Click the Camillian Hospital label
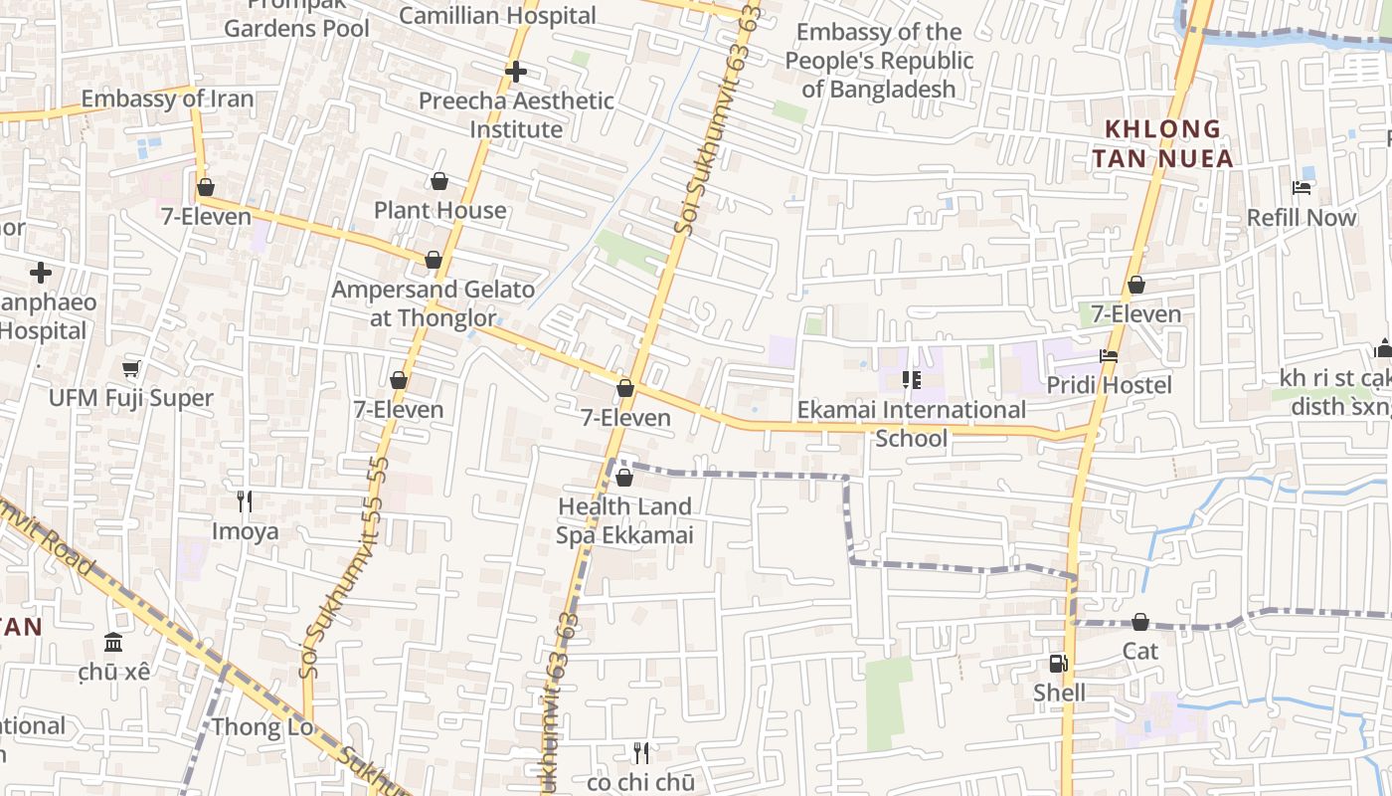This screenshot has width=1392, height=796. [x=497, y=16]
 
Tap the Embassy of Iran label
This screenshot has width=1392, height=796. [x=167, y=99]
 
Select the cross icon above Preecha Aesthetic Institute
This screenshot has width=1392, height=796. [x=515, y=72]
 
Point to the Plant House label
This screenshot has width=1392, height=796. [x=439, y=210]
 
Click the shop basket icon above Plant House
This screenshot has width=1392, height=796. [x=439, y=181]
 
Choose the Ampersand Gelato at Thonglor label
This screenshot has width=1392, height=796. [x=433, y=303]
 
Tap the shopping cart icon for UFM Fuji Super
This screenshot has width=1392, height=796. [x=131, y=369]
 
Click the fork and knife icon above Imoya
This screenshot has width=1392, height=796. [x=245, y=500]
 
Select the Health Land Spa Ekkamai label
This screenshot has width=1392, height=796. [x=623, y=520]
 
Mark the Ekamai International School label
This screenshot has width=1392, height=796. [x=912, y=423]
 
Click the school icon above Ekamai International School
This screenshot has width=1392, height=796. [x=911, y=380]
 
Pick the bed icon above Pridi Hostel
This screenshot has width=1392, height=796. [x=1109, y=356]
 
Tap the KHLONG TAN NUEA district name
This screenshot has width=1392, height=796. [x=1162, y=143]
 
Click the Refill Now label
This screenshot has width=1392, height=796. [x=1302, y=217]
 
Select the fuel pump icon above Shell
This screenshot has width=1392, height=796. [x=1059, y=664]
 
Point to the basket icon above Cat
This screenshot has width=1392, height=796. [x=1140, y=623]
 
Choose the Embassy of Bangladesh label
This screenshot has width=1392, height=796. [x=879, y=60]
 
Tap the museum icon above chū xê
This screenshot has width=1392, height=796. [x=113, y=642]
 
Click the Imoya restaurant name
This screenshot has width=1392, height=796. [x=245, y=530]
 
